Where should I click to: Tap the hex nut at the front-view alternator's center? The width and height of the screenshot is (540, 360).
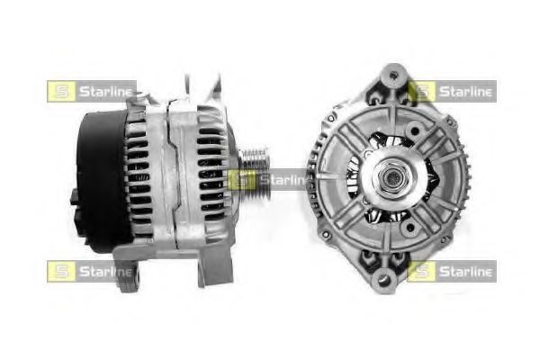pos(391,178)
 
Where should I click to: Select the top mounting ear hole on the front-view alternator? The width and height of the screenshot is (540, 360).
pos(393,75)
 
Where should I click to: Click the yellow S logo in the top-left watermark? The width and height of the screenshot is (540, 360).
pos(61,91)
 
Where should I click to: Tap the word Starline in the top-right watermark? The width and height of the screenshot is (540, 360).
pos(465,92)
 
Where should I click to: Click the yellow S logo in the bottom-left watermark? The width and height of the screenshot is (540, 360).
pos(61,272)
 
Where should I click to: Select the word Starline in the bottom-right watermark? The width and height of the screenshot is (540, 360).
pos(465,272)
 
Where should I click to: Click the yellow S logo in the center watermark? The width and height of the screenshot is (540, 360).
pos(242,180)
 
